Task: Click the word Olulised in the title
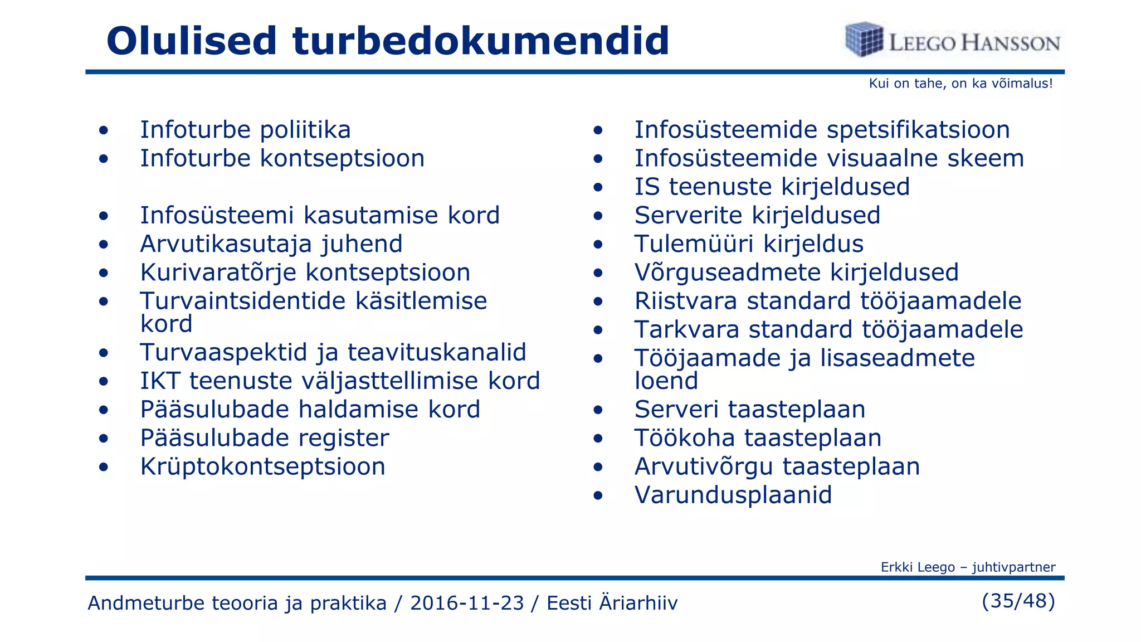tap(191, 41)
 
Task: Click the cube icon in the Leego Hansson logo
tap(864, 40)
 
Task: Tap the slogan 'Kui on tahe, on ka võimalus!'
tap(960, 84)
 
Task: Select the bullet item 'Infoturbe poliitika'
tap(245, 130)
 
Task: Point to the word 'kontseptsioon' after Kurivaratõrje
tap(388, 273)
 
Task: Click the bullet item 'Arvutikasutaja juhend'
tap(271, 244)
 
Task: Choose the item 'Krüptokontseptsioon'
tap(262, 466)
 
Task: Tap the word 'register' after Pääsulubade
tap(343, 438)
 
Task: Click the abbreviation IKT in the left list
tap(160, 381)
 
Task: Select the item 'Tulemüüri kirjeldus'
tap(749, 244)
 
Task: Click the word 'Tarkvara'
tap(686, 329)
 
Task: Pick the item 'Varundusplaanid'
tap(733, 495)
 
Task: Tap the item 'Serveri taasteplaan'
tap(750, 410)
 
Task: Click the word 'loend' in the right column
tap(666, 381)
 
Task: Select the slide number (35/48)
tap(1018, 601)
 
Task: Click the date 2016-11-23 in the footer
tap(467, 603)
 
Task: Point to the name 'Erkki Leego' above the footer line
tap(917, 567)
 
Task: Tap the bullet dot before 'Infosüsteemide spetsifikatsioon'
tap(598, 131)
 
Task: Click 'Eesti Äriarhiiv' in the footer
tap(612, 603)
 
